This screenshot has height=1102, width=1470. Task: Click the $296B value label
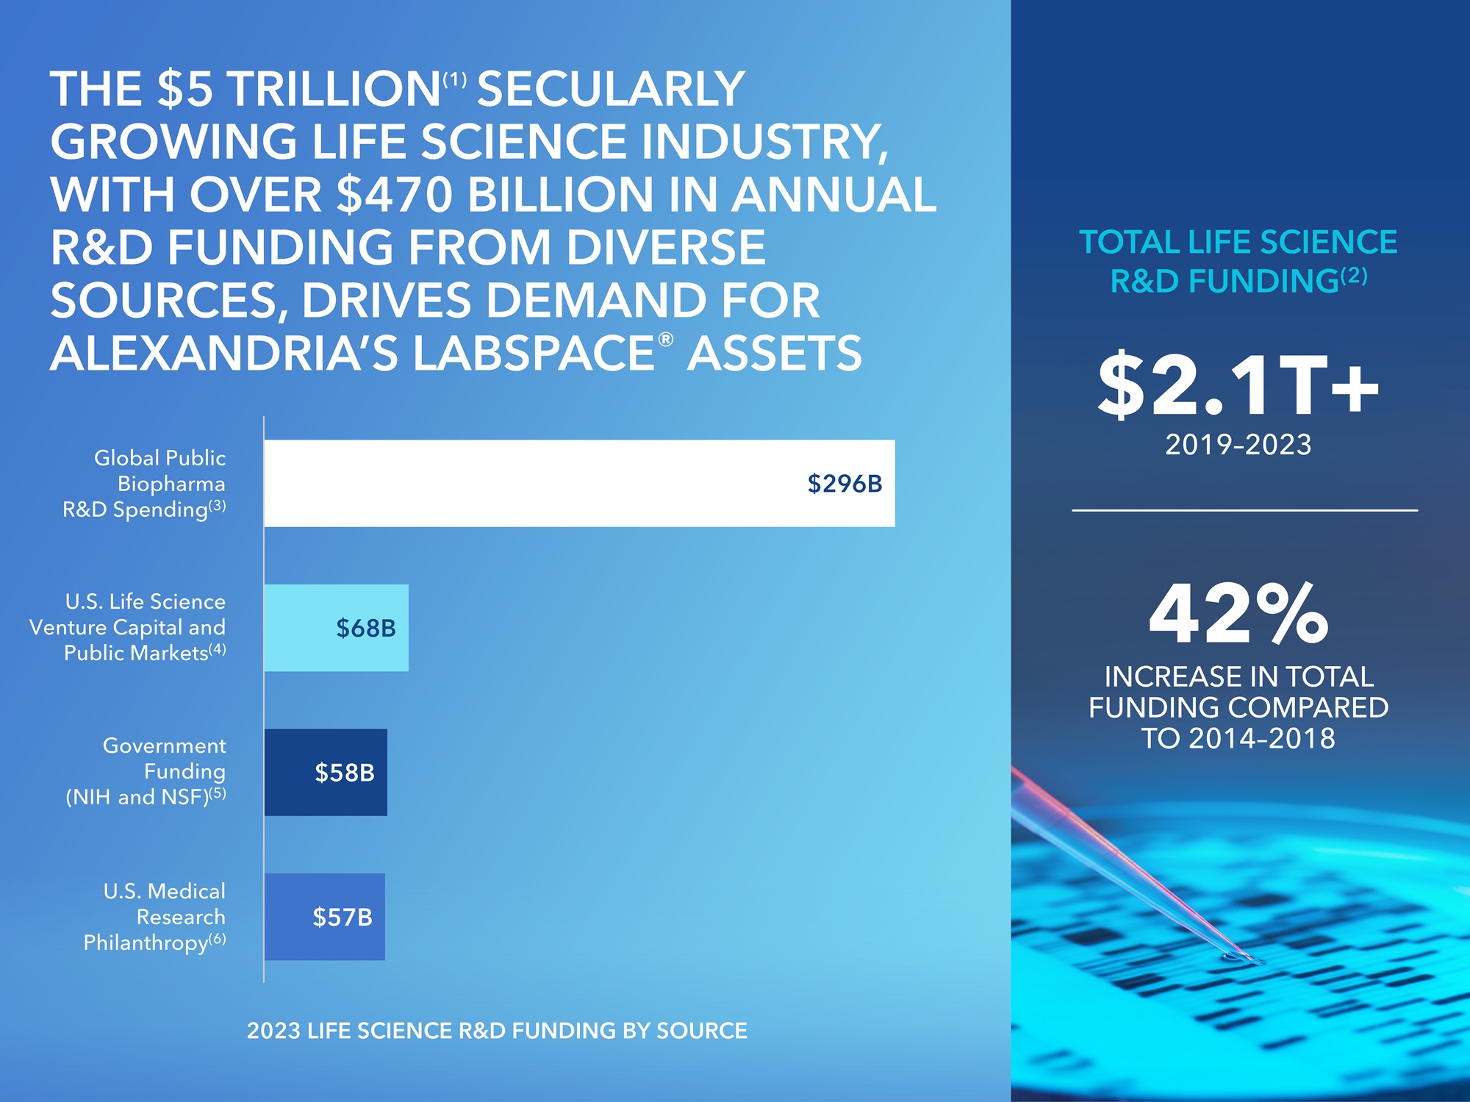(x=845, y=484)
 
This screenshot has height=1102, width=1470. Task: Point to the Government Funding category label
(x=147, y=771)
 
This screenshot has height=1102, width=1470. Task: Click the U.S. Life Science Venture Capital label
(x=129, y=627)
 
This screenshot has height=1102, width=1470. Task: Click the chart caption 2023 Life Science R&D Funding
(x=497, y=1031)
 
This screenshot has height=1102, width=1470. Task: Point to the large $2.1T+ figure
(x=1238, y=385)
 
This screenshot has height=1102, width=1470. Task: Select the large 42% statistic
(x=1239, y=614)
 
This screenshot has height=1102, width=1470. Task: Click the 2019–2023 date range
(x=1238, y=445)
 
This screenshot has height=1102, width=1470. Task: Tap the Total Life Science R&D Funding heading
(x=1238, y=261)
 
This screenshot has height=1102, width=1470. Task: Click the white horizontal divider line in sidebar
(x=1244, y=509)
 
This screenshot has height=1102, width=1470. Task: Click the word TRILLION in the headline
(x=334, y=89)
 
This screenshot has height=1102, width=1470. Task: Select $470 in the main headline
(x=394, y=195)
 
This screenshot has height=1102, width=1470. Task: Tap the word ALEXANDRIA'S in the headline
(x=224, y=354)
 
